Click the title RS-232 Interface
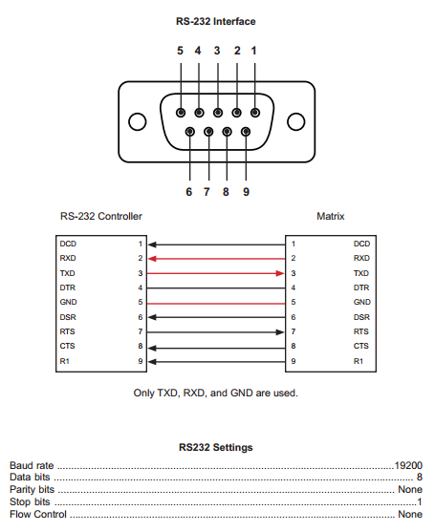tap(216, 21)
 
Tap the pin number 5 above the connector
tap(180, 51)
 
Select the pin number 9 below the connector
tap(247, 192)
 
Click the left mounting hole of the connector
tap(138, 121)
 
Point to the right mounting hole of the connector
tap(296, 121)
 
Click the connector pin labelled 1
tap(255, 113)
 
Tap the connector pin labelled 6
tap(190, 131)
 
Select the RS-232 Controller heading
tap(100, 216)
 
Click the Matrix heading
tap(331, 216)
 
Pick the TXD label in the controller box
tap(67, 273)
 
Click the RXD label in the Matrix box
tap(361, 258)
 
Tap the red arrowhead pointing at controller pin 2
tap(152, 259)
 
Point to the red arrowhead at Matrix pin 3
tap(280, 273)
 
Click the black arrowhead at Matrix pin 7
tap(280, 332)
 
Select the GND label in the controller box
tap(68, 302)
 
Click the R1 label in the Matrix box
tap(359, 361)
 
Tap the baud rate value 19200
tap(408, 465)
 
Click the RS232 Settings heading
tap(216, 447)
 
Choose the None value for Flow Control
tap(410, 515)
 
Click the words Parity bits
tap(32, 490)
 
